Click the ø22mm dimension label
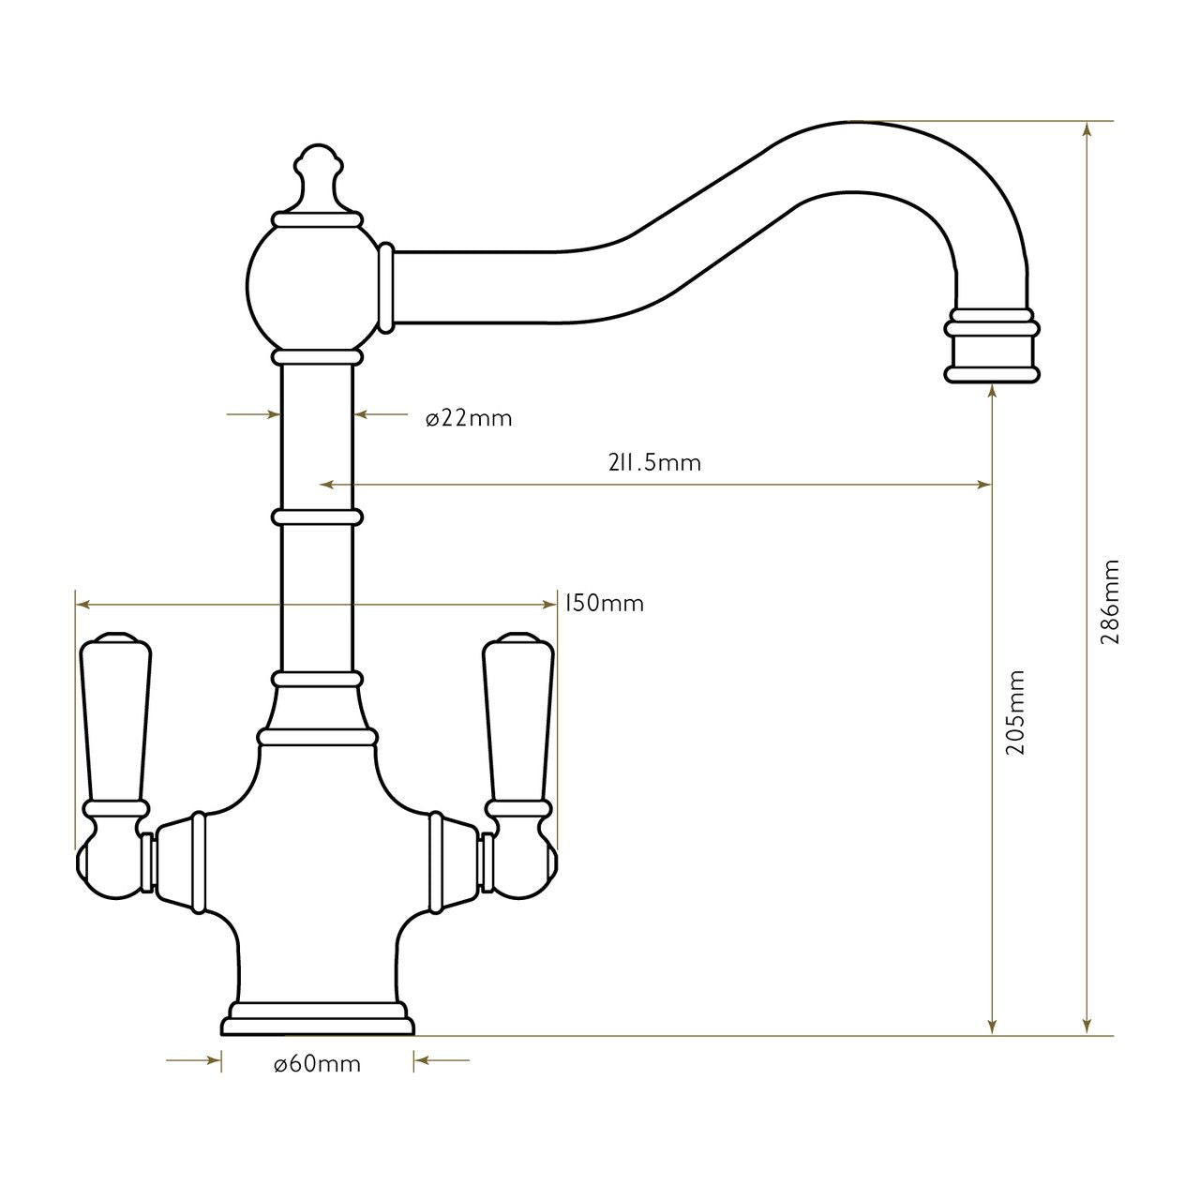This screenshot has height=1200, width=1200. tap(469, 419)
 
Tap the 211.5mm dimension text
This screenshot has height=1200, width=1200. tap(653, 462)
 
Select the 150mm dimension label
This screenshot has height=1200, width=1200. tap(605, 603)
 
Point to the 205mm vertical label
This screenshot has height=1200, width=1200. tap(1014, 712)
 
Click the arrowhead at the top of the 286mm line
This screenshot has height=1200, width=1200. tap(1087, 129)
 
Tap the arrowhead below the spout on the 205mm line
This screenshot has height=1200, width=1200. tap(992, 394)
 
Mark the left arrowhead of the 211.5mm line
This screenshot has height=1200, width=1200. tap(326, 485)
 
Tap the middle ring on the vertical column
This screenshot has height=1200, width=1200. tap(317, 517)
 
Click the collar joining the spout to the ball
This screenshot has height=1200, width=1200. tap(384, 289)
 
